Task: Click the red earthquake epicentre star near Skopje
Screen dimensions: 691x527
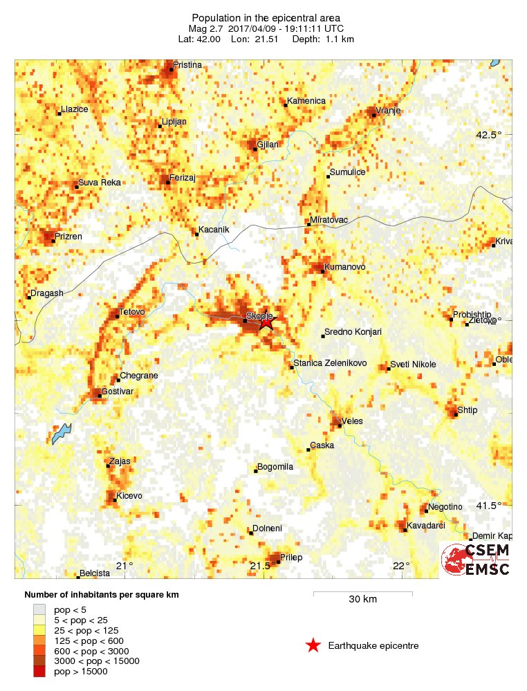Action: [x=267, y=322]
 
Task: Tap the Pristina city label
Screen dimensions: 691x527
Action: [x=187, y=65]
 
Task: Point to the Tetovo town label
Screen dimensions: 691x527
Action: [x=132, y=312]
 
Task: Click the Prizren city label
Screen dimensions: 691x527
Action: [x=69, y=237]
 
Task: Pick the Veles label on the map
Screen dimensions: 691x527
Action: [x=352, y=421]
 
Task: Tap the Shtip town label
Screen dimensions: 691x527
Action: [x=468, y=410]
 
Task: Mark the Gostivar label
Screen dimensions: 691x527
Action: [x=117, y=391]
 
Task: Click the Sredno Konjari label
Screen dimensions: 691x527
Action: [x=353, y=332]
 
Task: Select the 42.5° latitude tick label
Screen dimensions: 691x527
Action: [x=488, y=136]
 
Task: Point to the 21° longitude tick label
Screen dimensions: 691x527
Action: [x=124, y=566]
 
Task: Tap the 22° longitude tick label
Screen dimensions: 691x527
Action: [x=402, y=566]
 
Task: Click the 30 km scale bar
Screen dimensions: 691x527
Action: [x=362, y=593]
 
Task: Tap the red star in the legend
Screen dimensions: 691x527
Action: [x=313, y=646]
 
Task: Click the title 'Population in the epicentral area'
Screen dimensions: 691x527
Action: [x=266, y=17]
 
